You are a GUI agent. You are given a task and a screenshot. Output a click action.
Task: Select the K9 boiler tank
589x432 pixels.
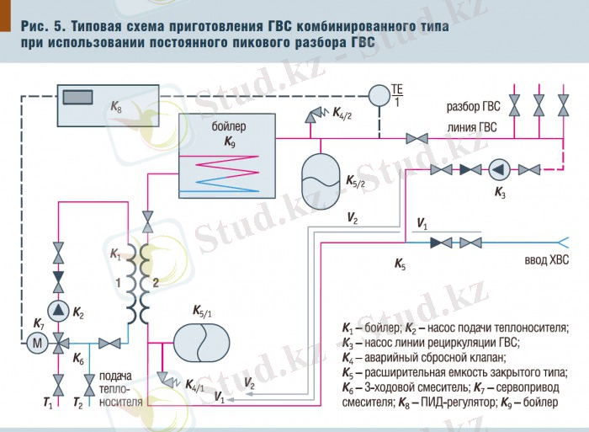pyautogui.click(x=227, y=155)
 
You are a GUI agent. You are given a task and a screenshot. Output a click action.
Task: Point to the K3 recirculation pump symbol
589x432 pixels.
pyautogui.click(x=501, y=169)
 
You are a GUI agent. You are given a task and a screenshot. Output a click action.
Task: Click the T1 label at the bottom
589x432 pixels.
pyautogui.click(x=48, y=405)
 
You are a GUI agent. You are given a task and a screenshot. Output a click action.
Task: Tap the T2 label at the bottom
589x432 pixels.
pyautogui.click(x=78, y=405)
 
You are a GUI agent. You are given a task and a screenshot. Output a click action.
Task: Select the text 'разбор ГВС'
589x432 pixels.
pyautogui.click(x=474, y=108)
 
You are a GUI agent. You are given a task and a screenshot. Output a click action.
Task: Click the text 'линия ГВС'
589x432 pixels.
pyautogui.click(x=472, y=127)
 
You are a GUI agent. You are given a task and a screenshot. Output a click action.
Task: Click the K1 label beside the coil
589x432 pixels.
pyautogui.click(x=116, y=253)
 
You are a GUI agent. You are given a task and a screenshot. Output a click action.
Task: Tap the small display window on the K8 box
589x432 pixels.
pyautogui.click(x=77, y=96)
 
